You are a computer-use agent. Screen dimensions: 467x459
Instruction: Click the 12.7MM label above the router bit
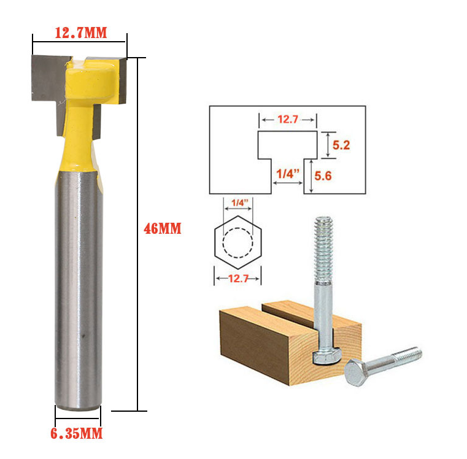[81, 33]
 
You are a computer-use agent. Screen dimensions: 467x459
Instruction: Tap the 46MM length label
[163, 229]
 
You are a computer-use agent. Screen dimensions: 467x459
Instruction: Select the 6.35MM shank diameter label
[77, 433]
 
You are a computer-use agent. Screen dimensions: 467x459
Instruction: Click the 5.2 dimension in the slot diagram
[341, 145]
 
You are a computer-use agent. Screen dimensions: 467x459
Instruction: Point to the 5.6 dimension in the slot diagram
[323, 175]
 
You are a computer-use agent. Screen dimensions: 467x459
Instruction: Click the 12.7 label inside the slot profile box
[288, 120]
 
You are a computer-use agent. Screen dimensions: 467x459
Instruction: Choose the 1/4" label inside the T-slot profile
[287, 174]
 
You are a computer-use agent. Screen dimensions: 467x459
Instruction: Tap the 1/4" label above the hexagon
[240, 203]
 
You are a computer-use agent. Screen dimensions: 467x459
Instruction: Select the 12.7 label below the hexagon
[238, 279]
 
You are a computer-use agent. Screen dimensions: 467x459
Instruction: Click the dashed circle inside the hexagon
[237, 228]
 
